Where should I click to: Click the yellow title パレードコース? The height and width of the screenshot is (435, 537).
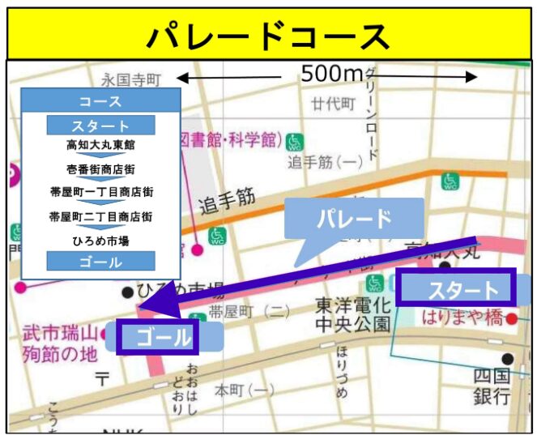[x=268, y=36]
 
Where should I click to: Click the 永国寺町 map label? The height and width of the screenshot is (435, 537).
[x=132, y=79]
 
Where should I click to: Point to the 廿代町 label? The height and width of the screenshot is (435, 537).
[x=333, y=103]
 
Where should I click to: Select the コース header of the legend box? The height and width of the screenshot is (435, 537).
[x=100, y=101]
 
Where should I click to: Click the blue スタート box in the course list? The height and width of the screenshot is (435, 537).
[x=100, y=126]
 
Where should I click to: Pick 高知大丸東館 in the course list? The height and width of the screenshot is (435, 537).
[x=100, y=146]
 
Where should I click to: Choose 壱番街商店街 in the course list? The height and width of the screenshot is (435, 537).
[x=100, y=169]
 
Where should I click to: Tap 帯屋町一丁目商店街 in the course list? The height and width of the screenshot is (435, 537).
[x=100, y=193]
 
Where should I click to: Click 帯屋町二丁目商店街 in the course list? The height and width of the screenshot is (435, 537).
[x=100, y=216]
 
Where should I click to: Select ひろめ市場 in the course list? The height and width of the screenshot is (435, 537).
[x=100, y=241]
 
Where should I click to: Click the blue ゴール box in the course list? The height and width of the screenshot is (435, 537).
[x=100, y=262]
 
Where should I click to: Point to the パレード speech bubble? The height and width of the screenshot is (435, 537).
[x=354, y=219]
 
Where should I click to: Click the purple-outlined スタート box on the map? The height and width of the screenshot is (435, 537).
[x=456, y=288]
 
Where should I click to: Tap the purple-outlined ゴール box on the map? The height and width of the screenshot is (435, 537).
[x=158, y=336]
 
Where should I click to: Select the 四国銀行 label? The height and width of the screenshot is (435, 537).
[x=492, y=386]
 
